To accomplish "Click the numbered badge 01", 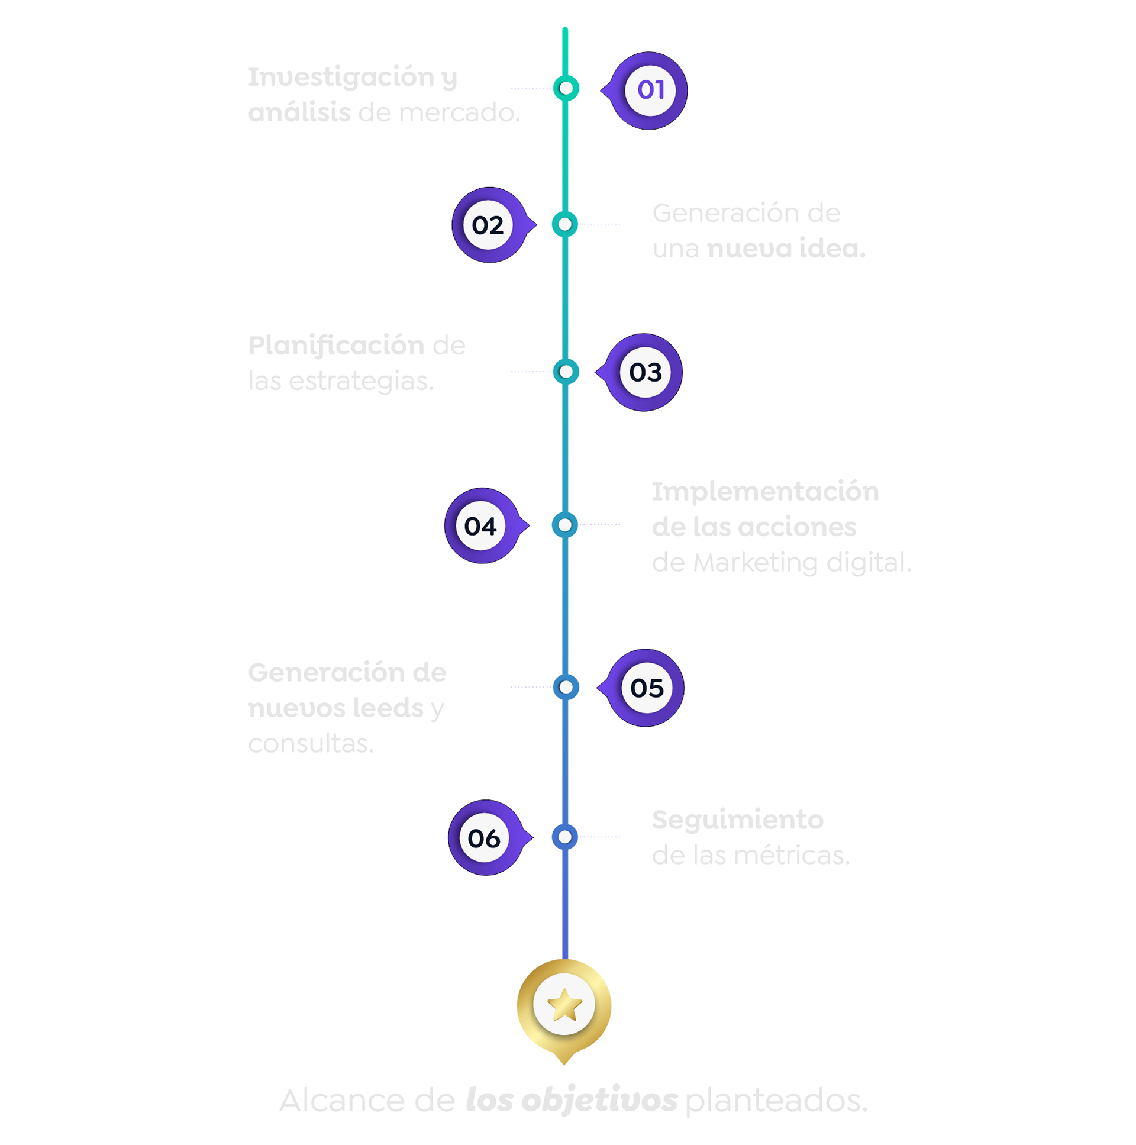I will (x=650, y=91).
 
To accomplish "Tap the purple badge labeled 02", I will (x=488, y=225).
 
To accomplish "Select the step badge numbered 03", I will (x=646, y=373).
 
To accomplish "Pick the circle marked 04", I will (x=480, y=526).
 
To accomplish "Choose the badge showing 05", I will (x=647, y=688).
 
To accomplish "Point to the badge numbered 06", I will (x=484, y=838).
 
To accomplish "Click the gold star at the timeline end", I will (x=564, y=1006).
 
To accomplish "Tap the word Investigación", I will (x=341, y=78).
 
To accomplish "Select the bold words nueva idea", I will (x=786, y=249).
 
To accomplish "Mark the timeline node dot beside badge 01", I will (x=566, y=88).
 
